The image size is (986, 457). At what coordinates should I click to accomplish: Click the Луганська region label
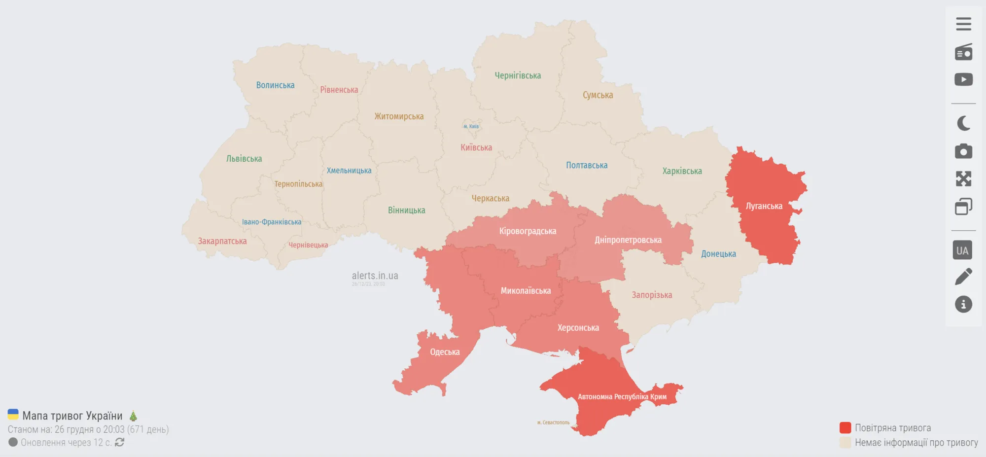point(764,206)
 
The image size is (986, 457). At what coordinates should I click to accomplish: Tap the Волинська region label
point(275,85)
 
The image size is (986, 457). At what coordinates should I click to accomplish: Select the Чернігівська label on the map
point(518,75)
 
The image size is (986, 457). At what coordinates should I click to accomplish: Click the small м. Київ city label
point(471,126)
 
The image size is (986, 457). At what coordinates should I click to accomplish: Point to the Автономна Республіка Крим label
point(622,396)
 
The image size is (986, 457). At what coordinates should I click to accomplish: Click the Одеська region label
point(445,352)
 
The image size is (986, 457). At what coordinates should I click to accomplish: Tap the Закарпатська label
point(222,241)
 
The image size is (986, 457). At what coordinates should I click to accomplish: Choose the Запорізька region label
point(652,295)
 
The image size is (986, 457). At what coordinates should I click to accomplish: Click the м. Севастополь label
point(553,422)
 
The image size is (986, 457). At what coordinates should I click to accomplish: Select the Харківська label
point(682,171)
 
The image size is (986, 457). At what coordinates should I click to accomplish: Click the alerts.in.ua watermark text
point(375,276)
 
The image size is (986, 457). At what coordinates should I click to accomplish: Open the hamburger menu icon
point(963,24)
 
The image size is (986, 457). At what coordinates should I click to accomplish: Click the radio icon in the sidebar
point(963,52)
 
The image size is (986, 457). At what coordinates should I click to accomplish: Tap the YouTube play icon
point(963,79)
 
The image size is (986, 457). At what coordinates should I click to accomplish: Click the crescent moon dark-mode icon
point(963,123)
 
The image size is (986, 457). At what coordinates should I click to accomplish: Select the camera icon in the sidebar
point(963,151)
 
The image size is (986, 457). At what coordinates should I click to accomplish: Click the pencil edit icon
point(963,277)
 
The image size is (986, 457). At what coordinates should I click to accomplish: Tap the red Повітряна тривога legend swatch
point(845,427)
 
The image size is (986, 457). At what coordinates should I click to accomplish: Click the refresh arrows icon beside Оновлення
point(119,442)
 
